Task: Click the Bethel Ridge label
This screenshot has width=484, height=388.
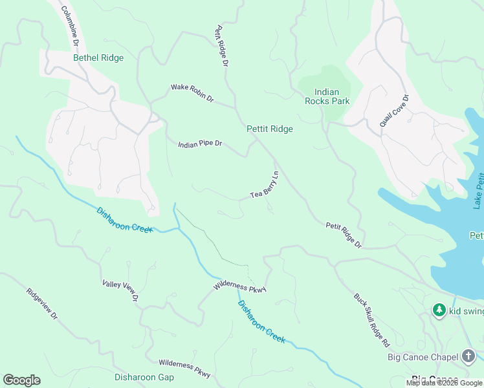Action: pos(98,58)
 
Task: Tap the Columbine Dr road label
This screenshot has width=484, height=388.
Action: pos(69,26)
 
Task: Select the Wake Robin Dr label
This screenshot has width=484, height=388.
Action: pos(192,94)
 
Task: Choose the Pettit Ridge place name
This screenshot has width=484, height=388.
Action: pos(270,129)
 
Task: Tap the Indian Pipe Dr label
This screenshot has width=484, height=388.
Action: pos(200,144)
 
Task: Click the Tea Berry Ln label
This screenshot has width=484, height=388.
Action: pos(265,185)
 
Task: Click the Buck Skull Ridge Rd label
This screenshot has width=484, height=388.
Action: pos(371,319)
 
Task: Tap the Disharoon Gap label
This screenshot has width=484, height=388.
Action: pos(144,377)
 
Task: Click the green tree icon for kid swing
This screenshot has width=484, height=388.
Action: pos(439,311)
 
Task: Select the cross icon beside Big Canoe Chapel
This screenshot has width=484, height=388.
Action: pos(468,356)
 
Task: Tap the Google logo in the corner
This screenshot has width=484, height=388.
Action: pos(21,380)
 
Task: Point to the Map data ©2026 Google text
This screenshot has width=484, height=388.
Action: pos(444,383)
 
